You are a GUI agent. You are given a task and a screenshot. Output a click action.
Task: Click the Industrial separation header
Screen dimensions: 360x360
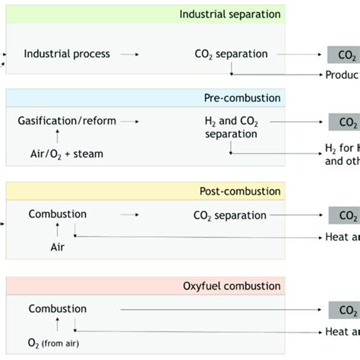pos(229,14)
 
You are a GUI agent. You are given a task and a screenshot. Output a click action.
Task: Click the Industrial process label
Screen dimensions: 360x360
pos(67,54)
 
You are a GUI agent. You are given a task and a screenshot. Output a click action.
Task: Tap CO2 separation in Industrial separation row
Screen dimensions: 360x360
pos(231,54)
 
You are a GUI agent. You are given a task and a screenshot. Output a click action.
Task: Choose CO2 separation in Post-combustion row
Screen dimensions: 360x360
pos(231,215)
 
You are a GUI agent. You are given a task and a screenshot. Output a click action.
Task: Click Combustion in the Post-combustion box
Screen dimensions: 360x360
pos(57,214)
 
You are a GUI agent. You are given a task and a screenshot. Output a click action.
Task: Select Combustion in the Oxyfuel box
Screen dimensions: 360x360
pos(57,308)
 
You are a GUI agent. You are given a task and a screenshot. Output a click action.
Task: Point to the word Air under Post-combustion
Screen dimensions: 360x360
pos(58,247)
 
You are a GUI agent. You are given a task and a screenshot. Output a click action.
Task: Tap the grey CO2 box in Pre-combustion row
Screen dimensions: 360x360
pos(343,122)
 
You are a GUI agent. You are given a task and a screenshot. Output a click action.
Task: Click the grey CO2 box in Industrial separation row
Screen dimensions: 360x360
pos(343,55)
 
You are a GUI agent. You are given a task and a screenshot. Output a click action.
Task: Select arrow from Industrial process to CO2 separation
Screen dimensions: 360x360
pos(130,55)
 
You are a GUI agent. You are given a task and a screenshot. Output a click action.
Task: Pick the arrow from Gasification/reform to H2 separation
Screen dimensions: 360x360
pos(130,122)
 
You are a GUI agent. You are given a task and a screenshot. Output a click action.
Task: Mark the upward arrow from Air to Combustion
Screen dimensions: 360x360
pos(58,231)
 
